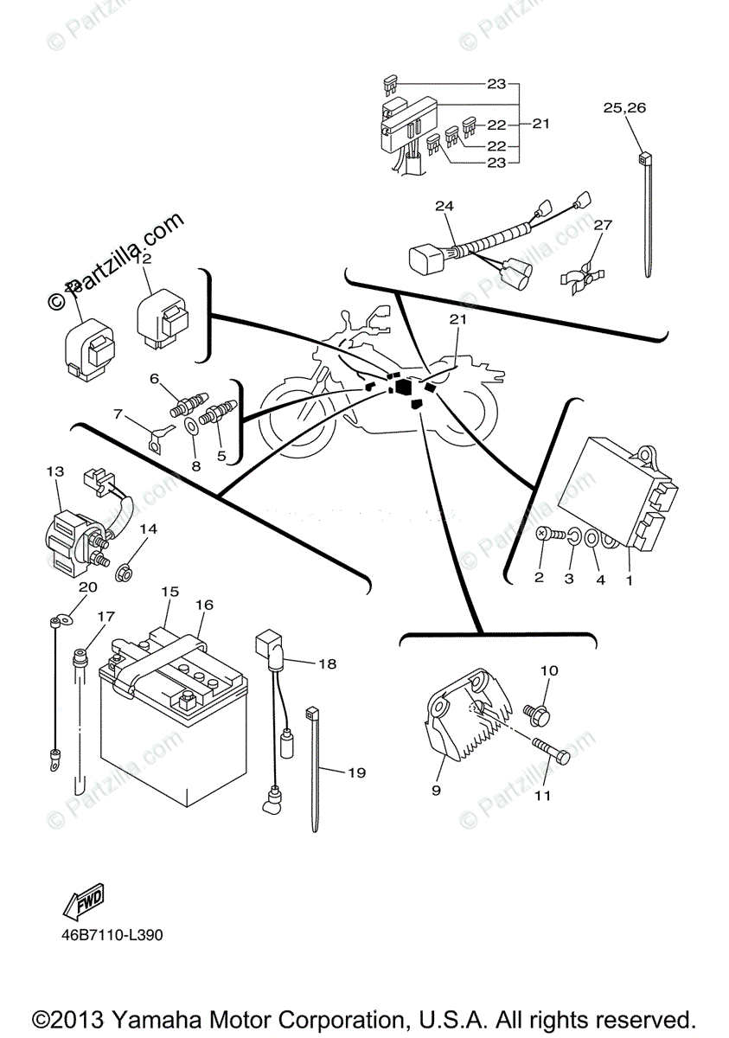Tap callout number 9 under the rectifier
click(x=436, y=790)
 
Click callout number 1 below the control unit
click(x=629, y=580)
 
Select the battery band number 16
click(x=204, y=605)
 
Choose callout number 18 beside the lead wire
click(x=328, y=663)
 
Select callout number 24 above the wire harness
click(x=444, y=207)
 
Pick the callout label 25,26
click(x=624, y=108)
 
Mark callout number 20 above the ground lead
click(x=86, y=587)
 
